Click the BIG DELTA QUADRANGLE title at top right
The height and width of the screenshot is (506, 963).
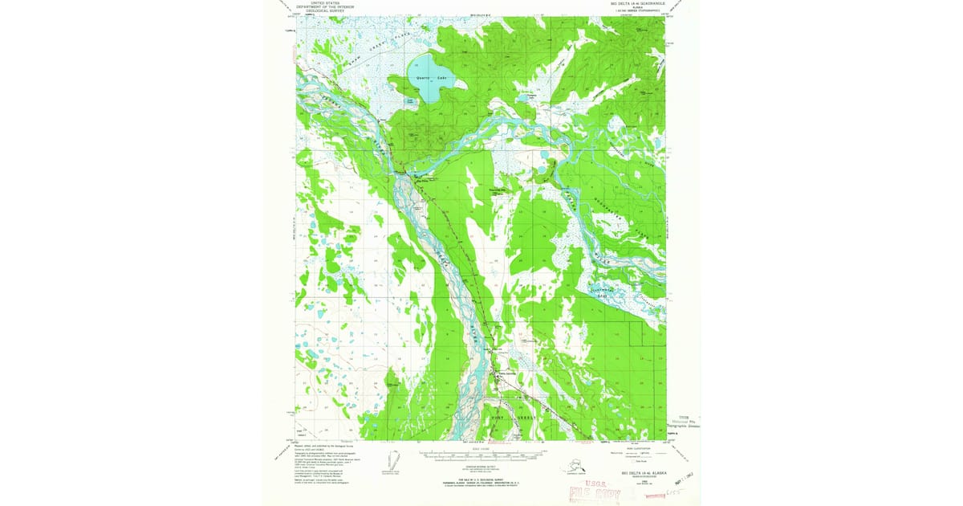[x=634, y=5]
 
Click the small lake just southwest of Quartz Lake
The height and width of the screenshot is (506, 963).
[x=410, y=102]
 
